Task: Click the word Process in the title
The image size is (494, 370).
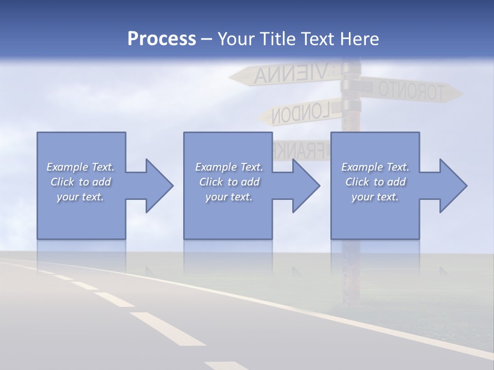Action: click(x=162, y=39)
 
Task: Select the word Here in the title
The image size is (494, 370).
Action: click(x=360, y=39)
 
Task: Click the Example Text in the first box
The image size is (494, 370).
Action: click(x=80, y=167)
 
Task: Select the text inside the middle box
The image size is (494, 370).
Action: click(x=229, y=182)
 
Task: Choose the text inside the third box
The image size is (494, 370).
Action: click(x=375, y=182)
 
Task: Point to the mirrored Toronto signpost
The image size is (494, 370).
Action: click(x=409, y=90)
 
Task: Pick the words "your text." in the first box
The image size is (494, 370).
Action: click(x=80, y=197)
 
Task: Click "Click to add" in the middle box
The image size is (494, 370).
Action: click(x=229, y=182)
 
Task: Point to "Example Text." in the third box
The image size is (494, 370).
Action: click(x=375, y=167)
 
